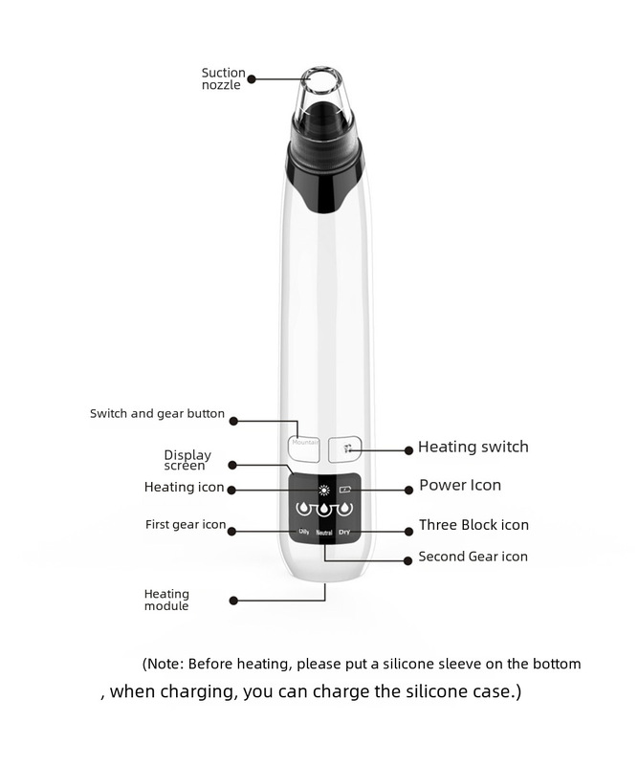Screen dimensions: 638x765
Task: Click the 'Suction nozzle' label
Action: [223, 78]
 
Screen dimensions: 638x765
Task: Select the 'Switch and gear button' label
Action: [157, 414]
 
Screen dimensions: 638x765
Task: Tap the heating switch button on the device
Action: [346, 447]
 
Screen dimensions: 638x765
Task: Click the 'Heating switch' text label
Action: [473, 447]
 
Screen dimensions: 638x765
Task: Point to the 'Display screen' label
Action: [187, 460]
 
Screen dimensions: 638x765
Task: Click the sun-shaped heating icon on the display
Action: [323, 488]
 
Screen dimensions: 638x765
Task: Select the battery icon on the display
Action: [346, 489]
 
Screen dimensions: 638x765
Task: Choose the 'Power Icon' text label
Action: [459, 485]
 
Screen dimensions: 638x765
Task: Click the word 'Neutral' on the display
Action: [324, 531]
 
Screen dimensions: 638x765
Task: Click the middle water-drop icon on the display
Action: [324, 508]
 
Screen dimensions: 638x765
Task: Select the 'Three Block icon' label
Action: [473, 524]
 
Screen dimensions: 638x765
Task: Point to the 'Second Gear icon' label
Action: [473, 556]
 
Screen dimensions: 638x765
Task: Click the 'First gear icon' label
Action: [185, 524]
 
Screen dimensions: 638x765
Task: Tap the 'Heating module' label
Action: [166, 600]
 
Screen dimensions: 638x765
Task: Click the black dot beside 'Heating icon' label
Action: [233, 488]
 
